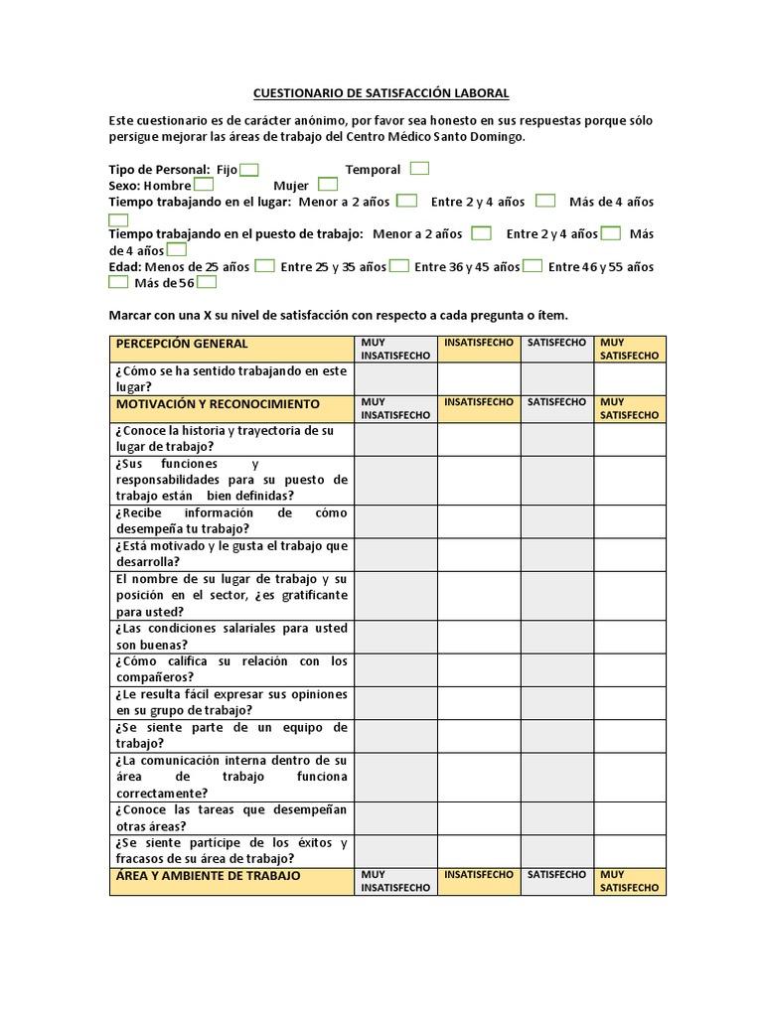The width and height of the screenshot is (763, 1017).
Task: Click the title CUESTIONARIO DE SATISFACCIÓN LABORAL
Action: (x=381, y=93)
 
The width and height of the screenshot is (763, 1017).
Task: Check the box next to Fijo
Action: (x=249, y=170)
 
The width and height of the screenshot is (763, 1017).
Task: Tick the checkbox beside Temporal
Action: (x=419, y=169)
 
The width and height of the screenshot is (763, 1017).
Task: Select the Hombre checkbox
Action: (x=204, y=185)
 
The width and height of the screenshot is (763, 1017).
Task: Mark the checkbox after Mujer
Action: (x=328, y=185)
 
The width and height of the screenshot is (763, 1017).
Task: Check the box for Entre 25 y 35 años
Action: (x=399, y=266)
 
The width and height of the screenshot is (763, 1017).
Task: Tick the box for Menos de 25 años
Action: (x=265, y=266)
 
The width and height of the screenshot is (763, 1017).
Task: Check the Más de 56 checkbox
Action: (x=207, y=282)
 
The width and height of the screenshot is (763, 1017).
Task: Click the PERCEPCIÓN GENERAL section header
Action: (x=182, y=344)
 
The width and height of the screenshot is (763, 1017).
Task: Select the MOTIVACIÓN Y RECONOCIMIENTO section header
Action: (x=218, y=404)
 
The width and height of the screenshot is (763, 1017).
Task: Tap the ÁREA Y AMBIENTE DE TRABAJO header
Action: (x=208, y=876)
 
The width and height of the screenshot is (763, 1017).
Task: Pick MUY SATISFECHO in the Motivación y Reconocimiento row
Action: (x=630, y=408)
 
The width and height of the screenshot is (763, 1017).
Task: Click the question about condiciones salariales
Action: (x=231, y=637)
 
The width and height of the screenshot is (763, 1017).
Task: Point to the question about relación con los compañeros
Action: (x=231, y=669)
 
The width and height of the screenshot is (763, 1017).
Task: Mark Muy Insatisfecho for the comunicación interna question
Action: (x=395, y=777)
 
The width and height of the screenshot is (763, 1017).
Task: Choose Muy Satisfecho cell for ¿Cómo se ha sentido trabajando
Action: (x=630, y=378)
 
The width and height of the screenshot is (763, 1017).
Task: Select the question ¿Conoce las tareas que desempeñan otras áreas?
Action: (x=231, y=817)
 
